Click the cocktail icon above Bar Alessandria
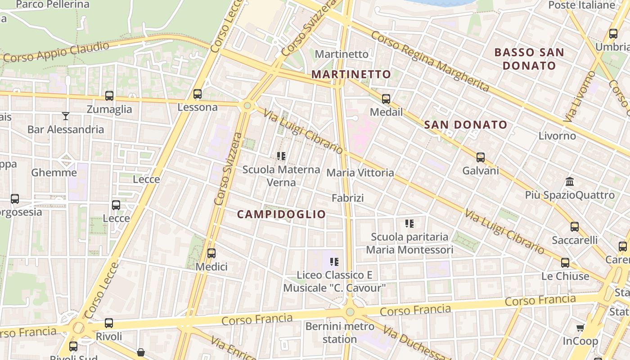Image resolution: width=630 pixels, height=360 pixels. coord(66,116)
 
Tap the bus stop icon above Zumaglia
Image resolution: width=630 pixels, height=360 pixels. coord(109,95)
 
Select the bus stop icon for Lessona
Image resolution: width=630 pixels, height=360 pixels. coord(198,94)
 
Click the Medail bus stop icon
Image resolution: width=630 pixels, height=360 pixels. coord(386,99)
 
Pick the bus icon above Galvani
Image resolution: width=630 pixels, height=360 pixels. coord(481,157)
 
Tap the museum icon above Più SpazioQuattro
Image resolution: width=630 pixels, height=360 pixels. coord(570,182)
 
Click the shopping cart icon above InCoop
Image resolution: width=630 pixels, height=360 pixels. coord(580,328)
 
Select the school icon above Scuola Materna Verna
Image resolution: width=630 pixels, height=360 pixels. coord(281,156)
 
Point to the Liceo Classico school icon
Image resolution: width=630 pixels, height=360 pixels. coord(334,261)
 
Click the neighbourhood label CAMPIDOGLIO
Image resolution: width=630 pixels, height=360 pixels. coord(281,214)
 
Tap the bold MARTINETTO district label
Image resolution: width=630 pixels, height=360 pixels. coord(351,74)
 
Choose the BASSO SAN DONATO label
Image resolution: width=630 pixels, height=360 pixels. coord(529,59)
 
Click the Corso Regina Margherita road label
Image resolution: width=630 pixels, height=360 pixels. coord(430,61)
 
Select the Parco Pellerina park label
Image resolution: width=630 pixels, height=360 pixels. coord(53,5)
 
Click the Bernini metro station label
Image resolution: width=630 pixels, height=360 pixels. coord(340,332)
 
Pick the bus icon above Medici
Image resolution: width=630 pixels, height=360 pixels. coord(211,253)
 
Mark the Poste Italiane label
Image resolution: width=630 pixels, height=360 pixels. coord(581,5)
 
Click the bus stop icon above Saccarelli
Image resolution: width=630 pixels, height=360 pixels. coord(575,227)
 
